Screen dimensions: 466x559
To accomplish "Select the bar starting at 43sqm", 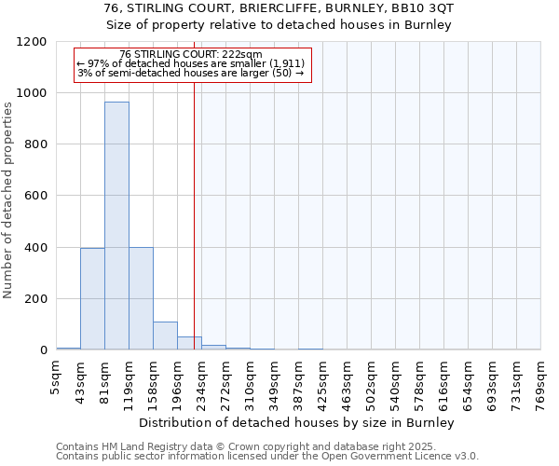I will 92,298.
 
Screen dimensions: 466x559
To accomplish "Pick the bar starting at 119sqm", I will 141,298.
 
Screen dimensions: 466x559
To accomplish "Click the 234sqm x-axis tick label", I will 201,379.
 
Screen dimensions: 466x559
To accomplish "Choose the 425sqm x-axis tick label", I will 322,379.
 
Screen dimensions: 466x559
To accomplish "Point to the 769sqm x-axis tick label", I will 540,379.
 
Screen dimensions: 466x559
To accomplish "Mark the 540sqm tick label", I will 395,379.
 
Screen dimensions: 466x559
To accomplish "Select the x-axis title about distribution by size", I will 298,422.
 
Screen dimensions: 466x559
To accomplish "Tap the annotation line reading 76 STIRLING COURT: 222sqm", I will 191,54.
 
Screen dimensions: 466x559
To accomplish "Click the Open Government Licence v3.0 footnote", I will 410,456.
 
